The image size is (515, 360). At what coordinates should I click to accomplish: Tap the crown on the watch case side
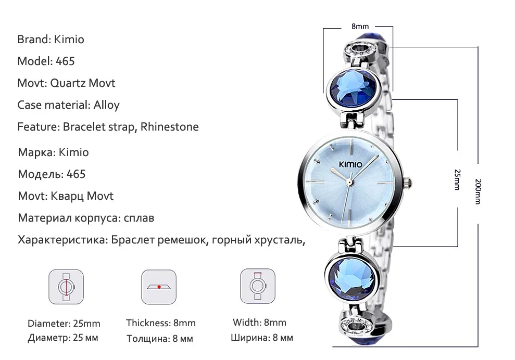coord(410,183)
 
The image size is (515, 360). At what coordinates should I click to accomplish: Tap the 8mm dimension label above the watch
coord(360,26)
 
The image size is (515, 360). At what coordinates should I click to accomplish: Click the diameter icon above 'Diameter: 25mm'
coord(66,287)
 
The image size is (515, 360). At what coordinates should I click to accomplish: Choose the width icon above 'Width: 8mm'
coord(257,286)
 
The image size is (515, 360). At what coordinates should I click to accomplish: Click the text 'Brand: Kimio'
coord(51,39)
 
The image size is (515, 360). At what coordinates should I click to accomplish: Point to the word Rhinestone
coord(170,126)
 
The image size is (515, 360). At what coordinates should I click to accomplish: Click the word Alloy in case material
coord(106,105)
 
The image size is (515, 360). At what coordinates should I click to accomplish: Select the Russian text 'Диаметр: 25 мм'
coord(63,338)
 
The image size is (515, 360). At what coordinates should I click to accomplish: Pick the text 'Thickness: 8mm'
coord(161,323)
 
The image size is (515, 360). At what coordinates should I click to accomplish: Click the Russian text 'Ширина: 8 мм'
coord(262,338)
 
